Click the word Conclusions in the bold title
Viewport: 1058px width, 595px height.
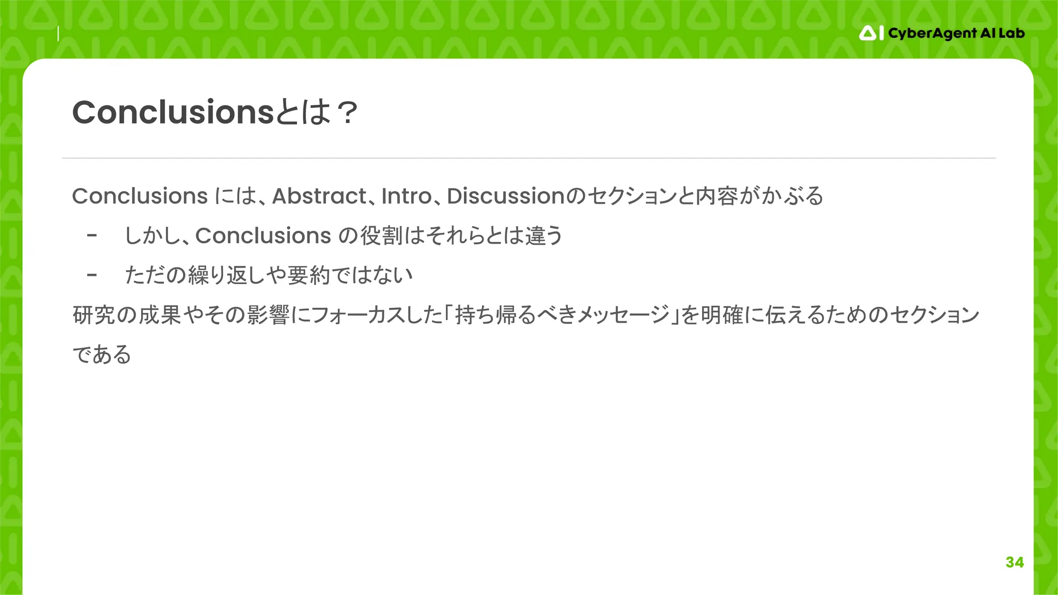point(173,112)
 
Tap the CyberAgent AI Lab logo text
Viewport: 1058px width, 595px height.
point(956,34)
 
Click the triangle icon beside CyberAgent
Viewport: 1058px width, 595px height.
point(868,34)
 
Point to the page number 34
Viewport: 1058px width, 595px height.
point(1015,562)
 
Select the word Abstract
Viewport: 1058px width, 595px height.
point(319,196)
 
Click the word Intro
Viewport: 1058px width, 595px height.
point(406,196)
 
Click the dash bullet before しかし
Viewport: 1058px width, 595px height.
point(92,236)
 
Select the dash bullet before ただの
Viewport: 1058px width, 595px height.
point(92,275)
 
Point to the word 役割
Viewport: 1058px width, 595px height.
point(381,236)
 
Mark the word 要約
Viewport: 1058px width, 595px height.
point(308,275)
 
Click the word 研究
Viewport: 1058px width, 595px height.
point(94,315)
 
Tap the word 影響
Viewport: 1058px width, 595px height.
point(268,315)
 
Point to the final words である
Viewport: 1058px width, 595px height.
point(102,355)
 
